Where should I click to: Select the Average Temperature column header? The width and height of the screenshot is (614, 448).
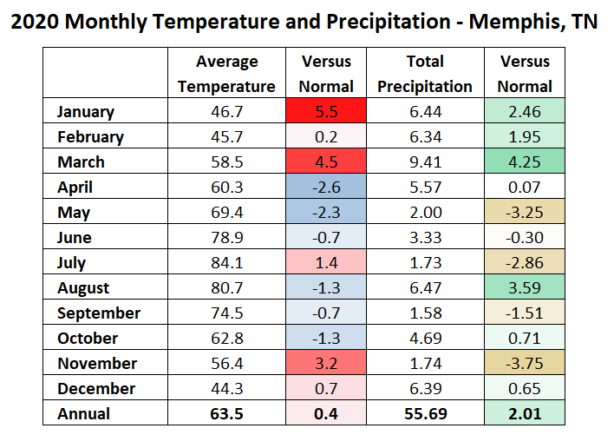[x=226, y=74]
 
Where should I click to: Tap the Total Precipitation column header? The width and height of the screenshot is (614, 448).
[x=425, y=74]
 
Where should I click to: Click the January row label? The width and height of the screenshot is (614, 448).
[x=86, y=112]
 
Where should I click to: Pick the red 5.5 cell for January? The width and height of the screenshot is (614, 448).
[x=326, y=112]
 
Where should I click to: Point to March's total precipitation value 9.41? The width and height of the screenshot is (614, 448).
[x=425, y=162]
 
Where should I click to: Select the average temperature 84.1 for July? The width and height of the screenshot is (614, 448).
[x=226, y=263]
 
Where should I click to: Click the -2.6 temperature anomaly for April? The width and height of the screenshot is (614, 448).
[x=326, y=188]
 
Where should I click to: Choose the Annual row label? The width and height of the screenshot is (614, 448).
[x=83, y=414]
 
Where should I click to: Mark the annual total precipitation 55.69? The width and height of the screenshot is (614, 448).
[x=425, y=414]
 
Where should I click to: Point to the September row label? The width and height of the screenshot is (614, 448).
[x=99, y=313]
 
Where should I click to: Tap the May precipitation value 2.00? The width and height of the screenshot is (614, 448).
[x=425, y=213]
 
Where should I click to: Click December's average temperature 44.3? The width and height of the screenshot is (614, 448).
[x=226, y=389]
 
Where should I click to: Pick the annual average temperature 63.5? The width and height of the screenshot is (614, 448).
[x=226, y=414]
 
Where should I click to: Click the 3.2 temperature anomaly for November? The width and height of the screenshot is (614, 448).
[x=326, y=364]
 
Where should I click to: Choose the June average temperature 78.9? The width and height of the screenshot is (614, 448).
[x=226, y=238]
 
